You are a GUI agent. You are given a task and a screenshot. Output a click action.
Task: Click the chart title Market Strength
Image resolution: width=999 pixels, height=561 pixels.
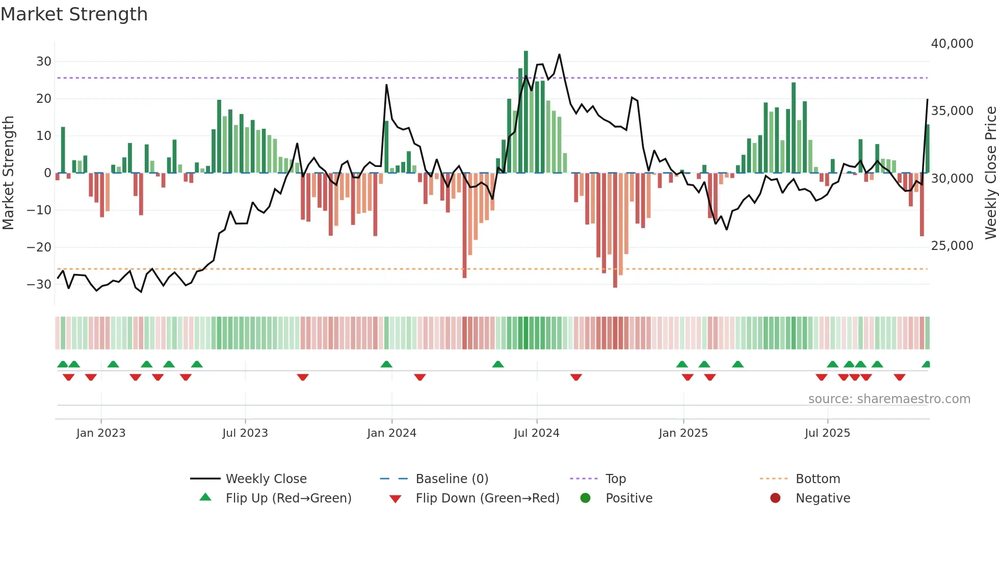(x=74, y=14)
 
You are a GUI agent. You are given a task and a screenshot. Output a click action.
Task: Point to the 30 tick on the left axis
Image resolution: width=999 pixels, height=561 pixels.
(x=44, y=62)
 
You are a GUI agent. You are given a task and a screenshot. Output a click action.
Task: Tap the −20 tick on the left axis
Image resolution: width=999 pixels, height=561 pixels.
(x=39, y=247)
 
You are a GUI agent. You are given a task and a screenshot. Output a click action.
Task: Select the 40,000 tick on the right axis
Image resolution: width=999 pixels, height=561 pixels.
(x=952, y=44)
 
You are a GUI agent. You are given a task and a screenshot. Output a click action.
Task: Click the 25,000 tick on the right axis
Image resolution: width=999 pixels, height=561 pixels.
(x=952, y=246)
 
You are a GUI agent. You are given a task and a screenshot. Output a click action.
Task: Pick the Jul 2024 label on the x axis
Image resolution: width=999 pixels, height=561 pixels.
(x=536, y=433)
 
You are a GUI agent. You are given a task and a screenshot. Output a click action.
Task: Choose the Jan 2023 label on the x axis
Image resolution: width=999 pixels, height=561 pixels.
(x=101, y=433)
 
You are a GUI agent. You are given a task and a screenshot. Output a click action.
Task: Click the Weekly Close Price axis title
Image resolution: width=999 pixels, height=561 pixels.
(x=990, y=173)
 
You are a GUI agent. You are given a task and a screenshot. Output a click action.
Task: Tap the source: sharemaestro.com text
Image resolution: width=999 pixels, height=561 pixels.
(x=889, y=399)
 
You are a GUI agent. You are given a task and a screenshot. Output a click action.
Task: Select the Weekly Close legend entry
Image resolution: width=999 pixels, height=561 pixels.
(x=266, y=479)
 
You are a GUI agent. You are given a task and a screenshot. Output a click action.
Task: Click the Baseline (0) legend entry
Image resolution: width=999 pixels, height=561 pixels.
(x=452, y=479)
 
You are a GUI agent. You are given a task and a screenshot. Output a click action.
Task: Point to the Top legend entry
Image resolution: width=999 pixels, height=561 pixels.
(x=615, y=479)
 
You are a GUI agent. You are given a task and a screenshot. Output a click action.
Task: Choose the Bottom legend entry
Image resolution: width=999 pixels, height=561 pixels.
(x=818, y=479)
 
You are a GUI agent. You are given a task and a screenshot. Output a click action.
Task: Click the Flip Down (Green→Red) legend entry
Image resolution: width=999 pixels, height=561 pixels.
(x=487, y=498)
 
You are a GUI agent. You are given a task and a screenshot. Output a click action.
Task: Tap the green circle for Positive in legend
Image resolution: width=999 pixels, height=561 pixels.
(x=585, y=498)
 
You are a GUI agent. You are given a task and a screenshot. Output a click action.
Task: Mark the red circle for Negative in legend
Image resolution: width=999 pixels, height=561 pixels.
(x=775, y=498)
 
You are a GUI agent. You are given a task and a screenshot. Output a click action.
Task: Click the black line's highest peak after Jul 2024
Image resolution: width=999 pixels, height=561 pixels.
(x=559, y=54)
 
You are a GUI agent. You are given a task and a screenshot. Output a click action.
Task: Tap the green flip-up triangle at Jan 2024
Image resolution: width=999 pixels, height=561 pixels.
(x=386, y=364)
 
